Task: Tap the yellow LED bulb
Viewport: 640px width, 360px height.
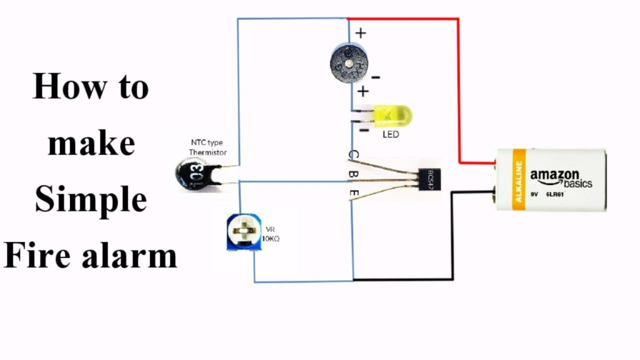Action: [394, 115]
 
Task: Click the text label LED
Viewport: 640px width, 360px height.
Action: [391, 134]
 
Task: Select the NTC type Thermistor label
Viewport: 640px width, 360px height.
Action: [207, 147]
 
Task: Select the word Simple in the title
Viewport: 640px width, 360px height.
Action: [91, 201]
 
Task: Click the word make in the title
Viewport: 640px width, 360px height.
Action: [91, 143]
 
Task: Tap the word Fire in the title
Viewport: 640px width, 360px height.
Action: [33, 256]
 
